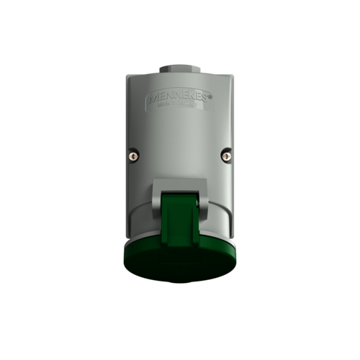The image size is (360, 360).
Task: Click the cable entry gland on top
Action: tap(179, 69)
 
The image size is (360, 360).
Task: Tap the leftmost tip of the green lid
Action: tap(120, 248)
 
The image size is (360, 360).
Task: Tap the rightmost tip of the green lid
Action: tap(240, 248)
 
